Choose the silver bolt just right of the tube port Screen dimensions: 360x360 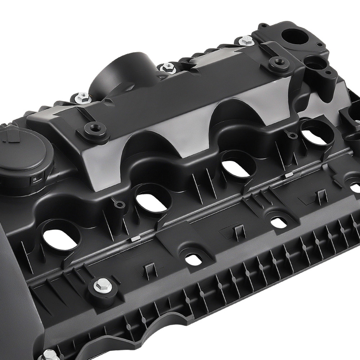pos(167,67)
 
